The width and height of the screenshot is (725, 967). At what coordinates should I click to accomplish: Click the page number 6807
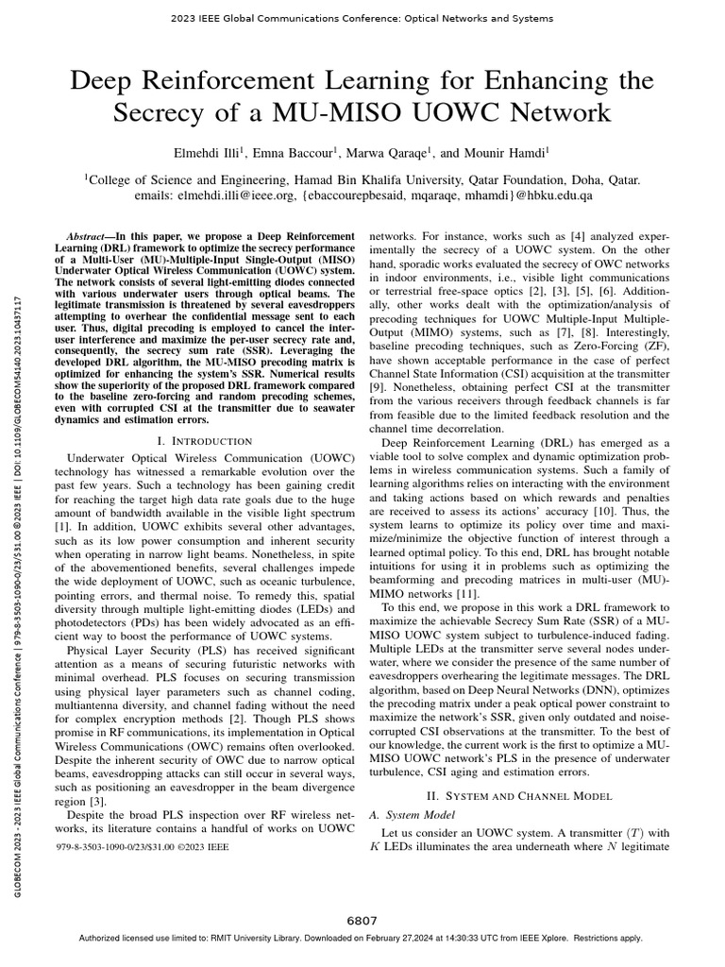coord(362,921)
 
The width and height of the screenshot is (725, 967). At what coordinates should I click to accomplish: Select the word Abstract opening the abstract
coord(91,234)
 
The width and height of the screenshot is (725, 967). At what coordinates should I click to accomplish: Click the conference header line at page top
coord(362,18)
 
